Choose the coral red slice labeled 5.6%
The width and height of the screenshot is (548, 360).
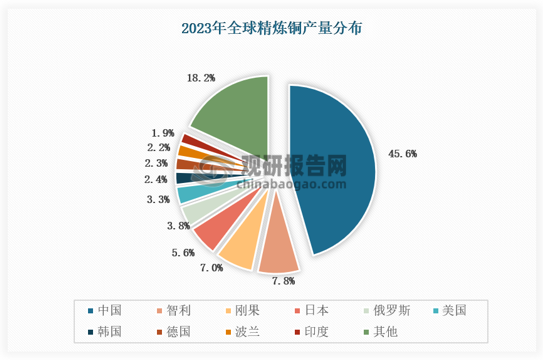click(210, 231)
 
